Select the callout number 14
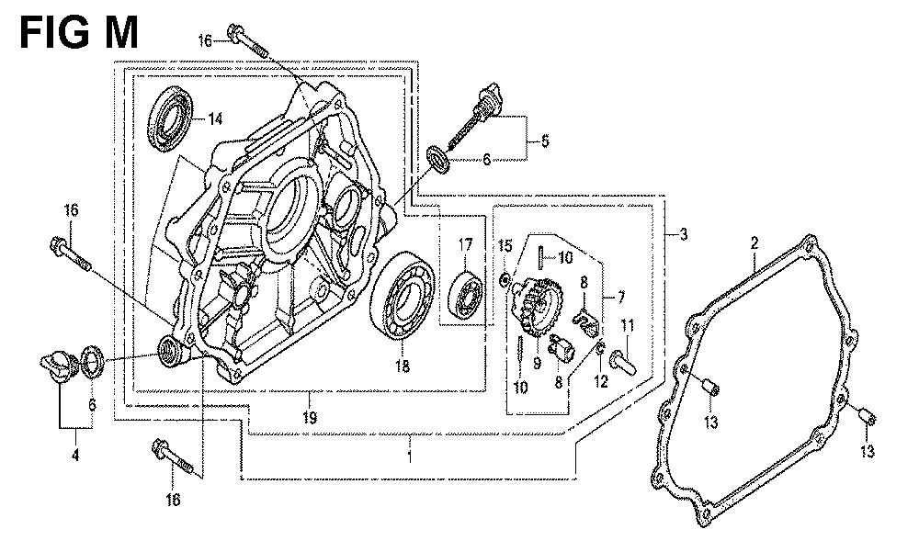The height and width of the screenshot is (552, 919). (x=215, y=118)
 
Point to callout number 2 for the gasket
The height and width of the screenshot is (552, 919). (x=754, y=243)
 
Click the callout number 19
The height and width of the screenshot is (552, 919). (x=312, y=418)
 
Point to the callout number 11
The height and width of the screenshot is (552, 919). (x=629, y=326)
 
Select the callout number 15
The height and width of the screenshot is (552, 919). (x=505, y=245)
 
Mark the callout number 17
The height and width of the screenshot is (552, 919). (x=465, y=245)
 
